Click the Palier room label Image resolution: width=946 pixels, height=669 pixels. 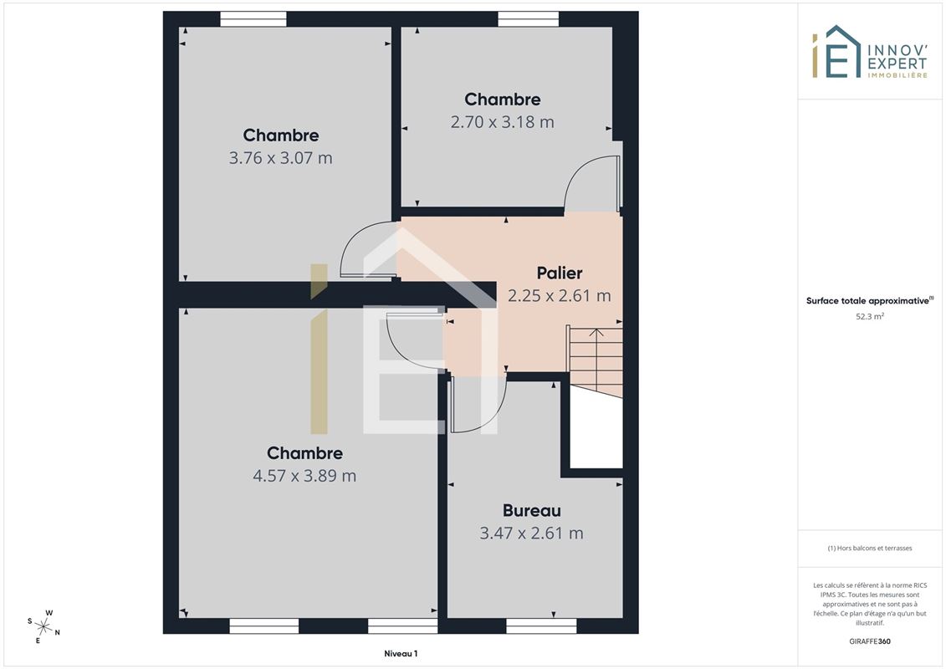[560, 273]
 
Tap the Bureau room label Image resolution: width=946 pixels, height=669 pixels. [531, 511]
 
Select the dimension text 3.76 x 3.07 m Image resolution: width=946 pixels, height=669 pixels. [280, 158]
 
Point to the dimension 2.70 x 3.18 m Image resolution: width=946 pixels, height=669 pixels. [502, 122]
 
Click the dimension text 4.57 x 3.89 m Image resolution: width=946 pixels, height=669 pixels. [304, 476]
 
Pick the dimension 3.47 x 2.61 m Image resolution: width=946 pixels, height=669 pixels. [531, 534]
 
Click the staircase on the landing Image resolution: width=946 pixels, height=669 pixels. [595, 361]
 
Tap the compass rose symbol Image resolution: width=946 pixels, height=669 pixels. [44, 627]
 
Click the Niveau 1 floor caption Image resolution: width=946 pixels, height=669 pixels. [401, 653]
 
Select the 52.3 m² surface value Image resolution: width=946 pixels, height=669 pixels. [869, 316]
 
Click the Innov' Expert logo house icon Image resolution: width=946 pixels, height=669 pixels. [836, 52]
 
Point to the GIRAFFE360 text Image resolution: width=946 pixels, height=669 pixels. [869, 641]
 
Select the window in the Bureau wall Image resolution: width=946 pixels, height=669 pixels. [541, 626]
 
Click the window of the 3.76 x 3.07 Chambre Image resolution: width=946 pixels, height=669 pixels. [253, 19]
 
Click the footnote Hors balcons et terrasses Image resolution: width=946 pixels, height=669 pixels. [869, 549]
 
